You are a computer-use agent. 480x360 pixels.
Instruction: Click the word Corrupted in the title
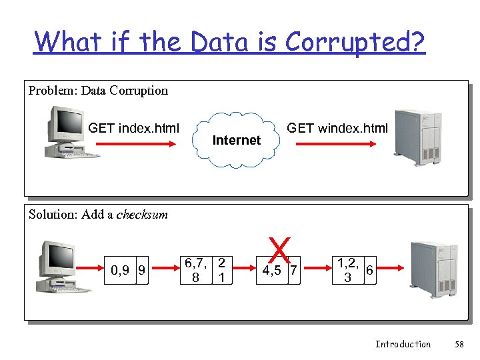click(x=355, y=42)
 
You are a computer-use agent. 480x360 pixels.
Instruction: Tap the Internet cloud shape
click(x=237, y=139)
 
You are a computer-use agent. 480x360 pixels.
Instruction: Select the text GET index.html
click(x=133, y=128)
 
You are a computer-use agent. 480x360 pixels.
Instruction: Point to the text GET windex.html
click(x=337, y=128)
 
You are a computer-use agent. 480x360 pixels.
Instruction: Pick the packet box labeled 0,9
click(x=121, y=270)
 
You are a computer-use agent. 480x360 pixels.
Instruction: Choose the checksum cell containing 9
click(x=141, y=270)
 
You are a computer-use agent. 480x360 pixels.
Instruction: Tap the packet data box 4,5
click(x=271, y=270)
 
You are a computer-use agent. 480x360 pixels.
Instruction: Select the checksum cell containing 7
click(x=293, y=270)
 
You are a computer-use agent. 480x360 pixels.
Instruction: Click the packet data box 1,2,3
click(x=347, y=270)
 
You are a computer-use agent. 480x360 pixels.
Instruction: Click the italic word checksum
click(x=142, y=215)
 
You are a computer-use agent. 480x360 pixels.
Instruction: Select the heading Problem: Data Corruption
click(x=98, y=91)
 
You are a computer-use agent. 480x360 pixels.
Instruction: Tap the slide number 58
click(x=459, y=344)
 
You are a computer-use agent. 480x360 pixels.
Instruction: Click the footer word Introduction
click(x=403, y=344)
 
